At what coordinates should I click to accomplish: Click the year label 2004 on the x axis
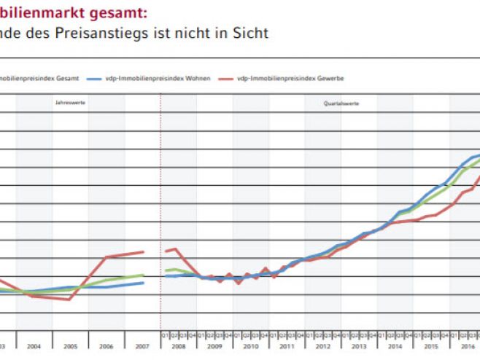pyautogui.click(x=34, y=346)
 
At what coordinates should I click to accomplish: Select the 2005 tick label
pyautogui.click(x=70, y=346)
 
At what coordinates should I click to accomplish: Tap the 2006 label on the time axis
pyautogui.click(x=107, y=346)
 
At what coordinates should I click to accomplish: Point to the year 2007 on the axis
pyautogui.click(x=143, y=346)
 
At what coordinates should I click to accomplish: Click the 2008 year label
pyautogui.click(x=179, y=346)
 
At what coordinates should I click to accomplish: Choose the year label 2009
pyautogui.click(x=215, y=346)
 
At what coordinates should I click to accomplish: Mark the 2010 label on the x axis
pyautogui.click(x=252, y=346)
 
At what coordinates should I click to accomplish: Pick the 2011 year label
pyautogui.click(x=287, y=346)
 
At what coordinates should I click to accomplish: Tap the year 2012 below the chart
pyautogui.click(x=324, y=346)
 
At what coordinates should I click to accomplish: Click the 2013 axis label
pyautogui.click(x=360, y=346)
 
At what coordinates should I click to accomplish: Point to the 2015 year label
pyautogui.click(x=432, y=346)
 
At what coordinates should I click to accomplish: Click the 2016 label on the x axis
pyautogui.click(x=467, y=346)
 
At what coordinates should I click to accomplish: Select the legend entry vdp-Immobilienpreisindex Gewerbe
pyautogui.click(x=291, y=77)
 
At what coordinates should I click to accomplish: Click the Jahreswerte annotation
pyautogui.click(x=70, y=103)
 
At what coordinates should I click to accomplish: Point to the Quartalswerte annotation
pyautogui.click(x=341, y=103)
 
